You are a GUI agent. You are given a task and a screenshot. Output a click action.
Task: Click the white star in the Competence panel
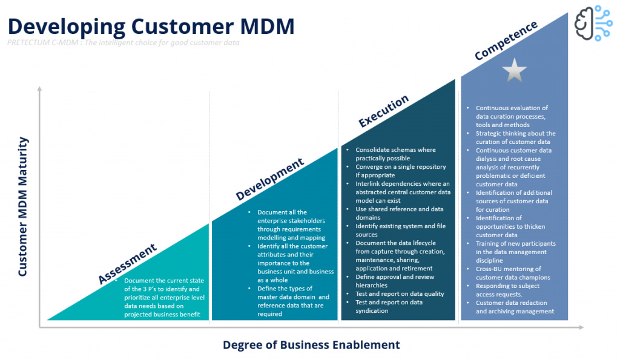coord(514,70)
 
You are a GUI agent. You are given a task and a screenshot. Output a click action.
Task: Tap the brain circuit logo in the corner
coord(593,23)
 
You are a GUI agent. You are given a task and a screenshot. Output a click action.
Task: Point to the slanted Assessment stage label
coord(127,264)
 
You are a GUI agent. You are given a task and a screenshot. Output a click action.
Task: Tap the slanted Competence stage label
coord(506,41)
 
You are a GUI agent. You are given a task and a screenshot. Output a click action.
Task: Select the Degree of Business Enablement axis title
coord(311,345)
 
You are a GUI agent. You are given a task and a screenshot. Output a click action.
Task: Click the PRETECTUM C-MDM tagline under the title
coord(124,43)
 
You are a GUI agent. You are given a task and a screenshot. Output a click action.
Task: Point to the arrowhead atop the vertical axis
coord(39,89)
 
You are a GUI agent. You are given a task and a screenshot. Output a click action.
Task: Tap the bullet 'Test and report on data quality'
coord(400,294)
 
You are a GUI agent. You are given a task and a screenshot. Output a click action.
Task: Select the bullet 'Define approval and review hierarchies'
coord(395,281)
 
